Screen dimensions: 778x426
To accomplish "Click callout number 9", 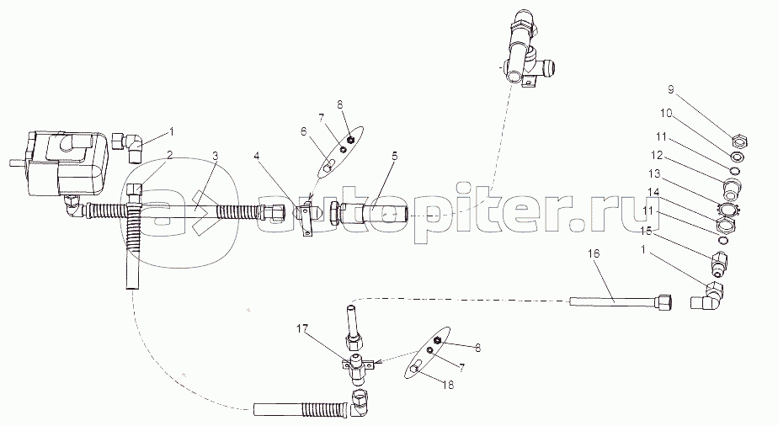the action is tap(670, 90).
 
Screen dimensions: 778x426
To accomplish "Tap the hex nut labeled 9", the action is tap(740, 141).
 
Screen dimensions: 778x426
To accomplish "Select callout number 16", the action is tap(594, 254).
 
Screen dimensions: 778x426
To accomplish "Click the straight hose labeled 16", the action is tap(621, 301).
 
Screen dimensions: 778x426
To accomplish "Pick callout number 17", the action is tap(302, 328).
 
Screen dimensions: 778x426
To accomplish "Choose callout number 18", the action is tap(448, 385).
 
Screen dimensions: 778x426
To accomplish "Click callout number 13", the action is tap(655, 173).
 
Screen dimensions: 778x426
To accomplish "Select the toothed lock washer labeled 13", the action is tap(727, 210).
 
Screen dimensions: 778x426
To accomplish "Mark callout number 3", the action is tap(215, 155).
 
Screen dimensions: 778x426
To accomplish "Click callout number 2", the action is tap(170, 155).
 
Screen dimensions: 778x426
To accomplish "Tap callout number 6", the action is tap(304, 131).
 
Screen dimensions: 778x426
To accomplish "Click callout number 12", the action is tap(657, 155).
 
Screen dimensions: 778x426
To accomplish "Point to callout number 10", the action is tap(665, 113).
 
